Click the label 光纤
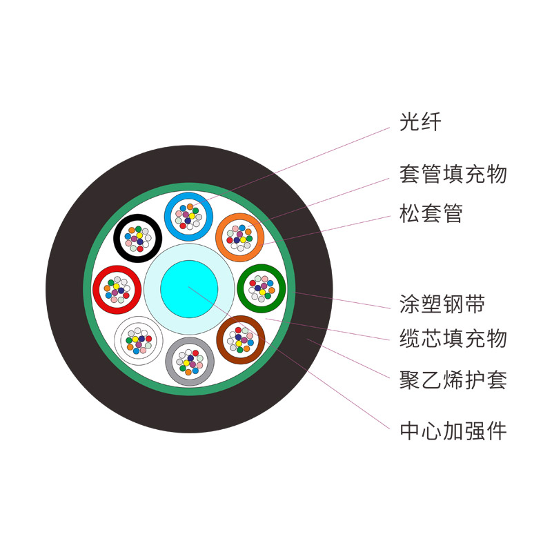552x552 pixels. point(420,122)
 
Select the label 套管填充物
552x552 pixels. point(453,174)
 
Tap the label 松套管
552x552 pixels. point(431,213)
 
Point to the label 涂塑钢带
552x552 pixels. point(442,304)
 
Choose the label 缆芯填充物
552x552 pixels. point(453,339)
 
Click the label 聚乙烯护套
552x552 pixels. point(453,380)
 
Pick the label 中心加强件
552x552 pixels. point(453,431)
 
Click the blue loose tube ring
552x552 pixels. point(188,217)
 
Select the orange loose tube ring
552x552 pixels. point(239,237)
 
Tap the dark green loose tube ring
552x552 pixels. point(262,288)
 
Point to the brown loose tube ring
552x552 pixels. point(241,339)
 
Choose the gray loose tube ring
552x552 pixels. point(190,361)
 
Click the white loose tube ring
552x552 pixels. point(139,340)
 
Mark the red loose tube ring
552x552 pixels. point(117,290)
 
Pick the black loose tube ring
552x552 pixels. point(137,238)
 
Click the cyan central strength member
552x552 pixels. point(189,288)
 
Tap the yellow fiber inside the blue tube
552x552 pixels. point(192,216)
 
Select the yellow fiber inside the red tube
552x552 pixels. point(116,286)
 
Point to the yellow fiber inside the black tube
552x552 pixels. point(139,235)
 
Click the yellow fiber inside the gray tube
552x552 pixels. point(186,363)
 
